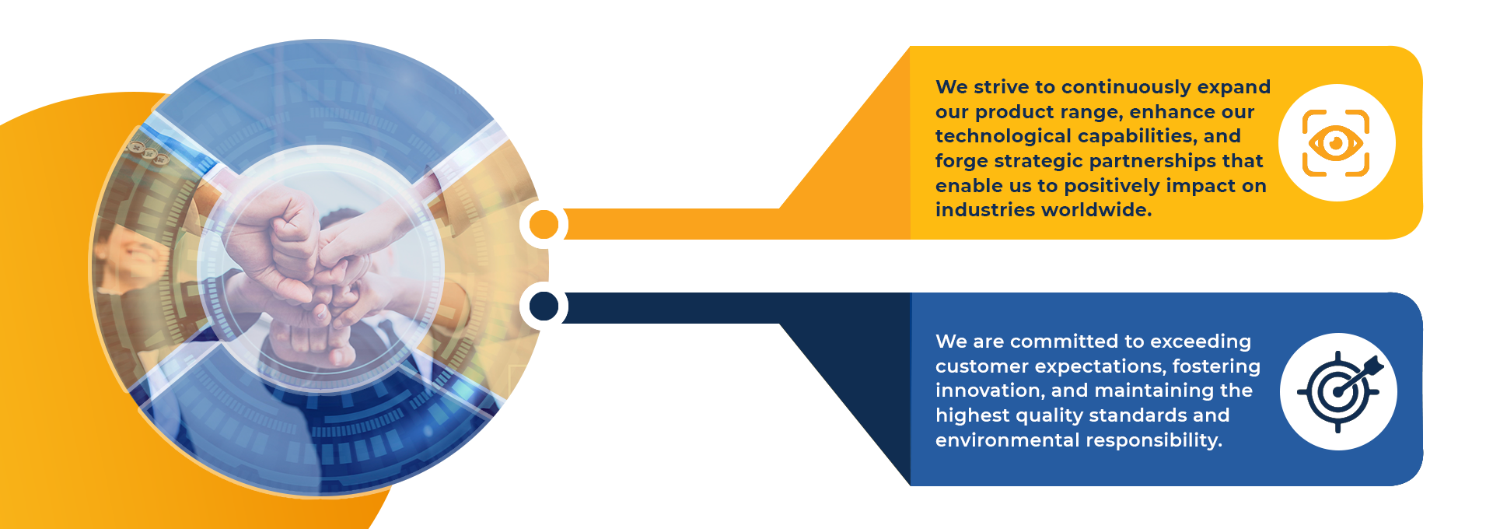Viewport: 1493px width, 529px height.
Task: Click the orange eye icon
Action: [x=1336, y=143]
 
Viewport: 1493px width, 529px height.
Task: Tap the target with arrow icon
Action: [x=1340, y=391]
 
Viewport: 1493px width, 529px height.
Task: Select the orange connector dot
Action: [x=544, y=225]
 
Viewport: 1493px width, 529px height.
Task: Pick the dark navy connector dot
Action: [x=544, y=306]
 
